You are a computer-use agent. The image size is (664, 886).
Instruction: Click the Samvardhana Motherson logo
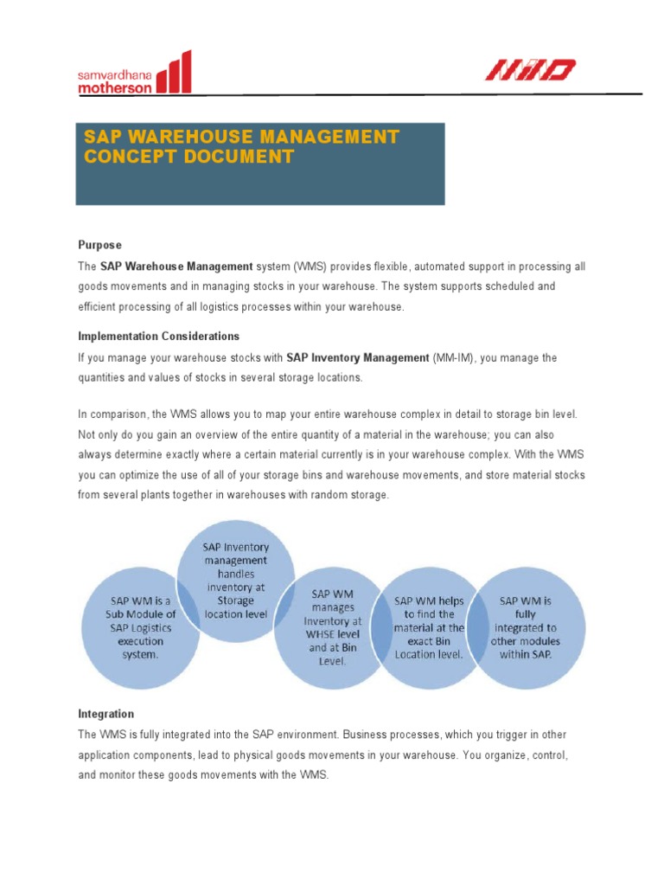[134, 74]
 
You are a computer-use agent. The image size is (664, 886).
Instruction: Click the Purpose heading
[99, 245]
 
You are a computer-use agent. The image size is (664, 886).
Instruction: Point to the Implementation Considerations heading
[158, 336]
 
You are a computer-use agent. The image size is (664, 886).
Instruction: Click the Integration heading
[105, 714]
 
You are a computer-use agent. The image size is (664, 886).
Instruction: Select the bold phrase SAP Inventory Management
[358, 357]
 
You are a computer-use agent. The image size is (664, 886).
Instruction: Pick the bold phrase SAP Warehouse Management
[176, 266]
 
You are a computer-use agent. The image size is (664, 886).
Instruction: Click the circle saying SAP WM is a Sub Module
[139, 627]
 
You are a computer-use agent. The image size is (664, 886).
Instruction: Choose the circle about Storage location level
[236, 579]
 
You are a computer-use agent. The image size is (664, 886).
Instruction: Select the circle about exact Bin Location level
[429, 626]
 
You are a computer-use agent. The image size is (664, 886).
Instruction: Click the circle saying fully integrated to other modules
[525, 626]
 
